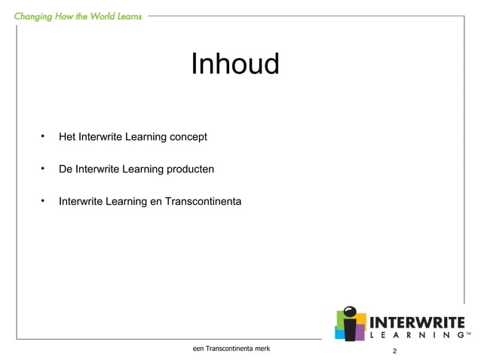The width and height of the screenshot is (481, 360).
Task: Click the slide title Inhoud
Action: coord(234,65)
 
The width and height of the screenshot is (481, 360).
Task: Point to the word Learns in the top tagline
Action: coord(126,16)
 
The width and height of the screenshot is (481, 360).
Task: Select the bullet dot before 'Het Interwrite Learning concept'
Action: coord(44,136)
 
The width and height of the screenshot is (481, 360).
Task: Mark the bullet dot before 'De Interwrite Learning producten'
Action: coord(44,169)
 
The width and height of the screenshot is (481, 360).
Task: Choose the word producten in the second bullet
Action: coord(189,169)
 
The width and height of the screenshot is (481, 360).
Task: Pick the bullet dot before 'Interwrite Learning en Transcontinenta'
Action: coord(44,201)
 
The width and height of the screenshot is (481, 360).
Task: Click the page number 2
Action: coord(394,352)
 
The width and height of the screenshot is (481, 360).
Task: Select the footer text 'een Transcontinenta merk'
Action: coord(226,349)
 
